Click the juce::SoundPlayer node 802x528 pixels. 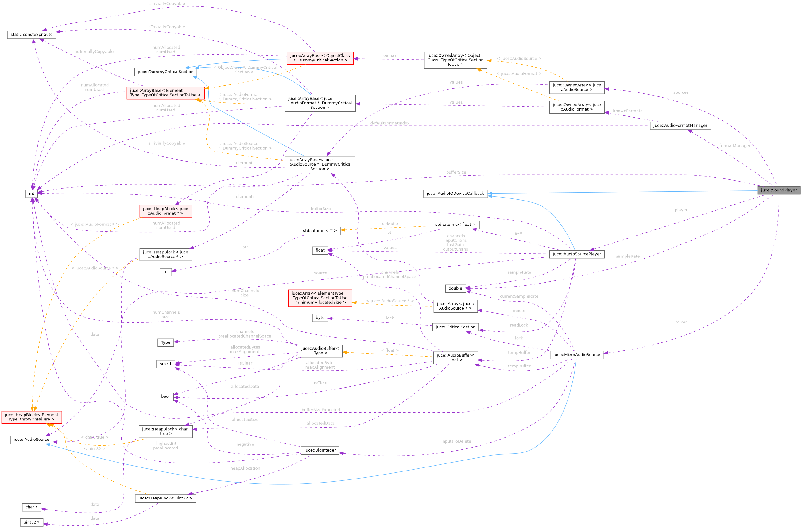779,190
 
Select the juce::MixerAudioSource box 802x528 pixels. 577,355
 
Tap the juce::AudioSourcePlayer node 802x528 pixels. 577,254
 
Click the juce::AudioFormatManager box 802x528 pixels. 680,125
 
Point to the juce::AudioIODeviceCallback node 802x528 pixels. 455,194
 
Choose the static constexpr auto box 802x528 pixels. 32,35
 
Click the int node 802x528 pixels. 31,194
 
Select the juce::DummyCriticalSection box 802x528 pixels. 165,72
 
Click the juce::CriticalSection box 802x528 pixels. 455,327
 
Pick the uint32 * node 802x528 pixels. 31,522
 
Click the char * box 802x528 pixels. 31,507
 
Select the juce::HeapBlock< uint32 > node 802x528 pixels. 165,498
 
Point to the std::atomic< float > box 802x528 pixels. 455,225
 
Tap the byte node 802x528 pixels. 320,318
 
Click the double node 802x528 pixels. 455,288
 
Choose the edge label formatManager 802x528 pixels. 734,146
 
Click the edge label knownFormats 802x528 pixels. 627,111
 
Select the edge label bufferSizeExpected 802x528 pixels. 320,410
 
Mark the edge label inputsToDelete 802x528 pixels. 456,441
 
